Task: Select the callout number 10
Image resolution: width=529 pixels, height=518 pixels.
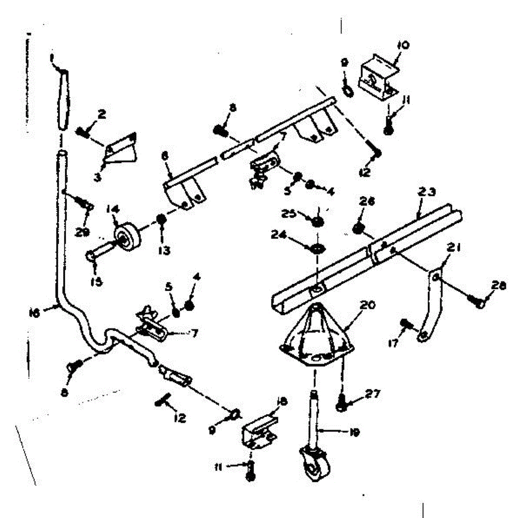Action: point(403,45)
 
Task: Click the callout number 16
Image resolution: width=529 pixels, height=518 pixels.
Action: point(34,313)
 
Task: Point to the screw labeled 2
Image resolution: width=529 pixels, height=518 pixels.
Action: point(83,130)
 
